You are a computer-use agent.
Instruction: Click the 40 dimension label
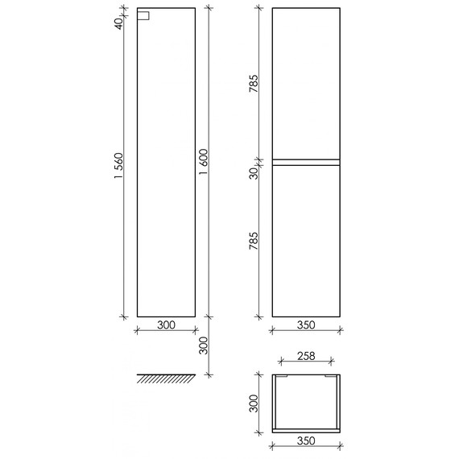coord(118,23)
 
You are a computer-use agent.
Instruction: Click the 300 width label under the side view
coord(166,325)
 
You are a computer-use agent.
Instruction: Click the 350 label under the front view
coord(306,325)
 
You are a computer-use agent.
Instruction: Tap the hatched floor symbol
coord(167,378)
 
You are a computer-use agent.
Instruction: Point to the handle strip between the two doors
coord(306,162)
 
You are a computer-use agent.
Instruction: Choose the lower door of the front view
coord(306,241)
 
